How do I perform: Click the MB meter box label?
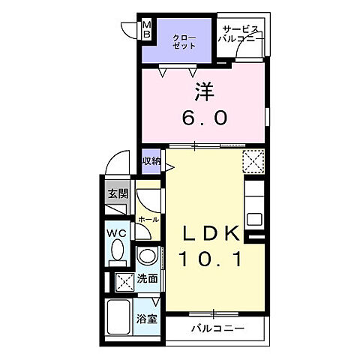[148, 30]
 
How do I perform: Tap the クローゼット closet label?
[184, 41]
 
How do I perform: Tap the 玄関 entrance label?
[117, 193]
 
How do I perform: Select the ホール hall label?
[147, 219]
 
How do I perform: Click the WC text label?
[116, 232]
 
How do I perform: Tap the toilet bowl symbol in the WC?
[116, 255]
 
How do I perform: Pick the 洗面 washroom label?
[148, 279]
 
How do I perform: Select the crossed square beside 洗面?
[123, 282]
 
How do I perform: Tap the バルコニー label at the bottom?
[217, 328]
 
